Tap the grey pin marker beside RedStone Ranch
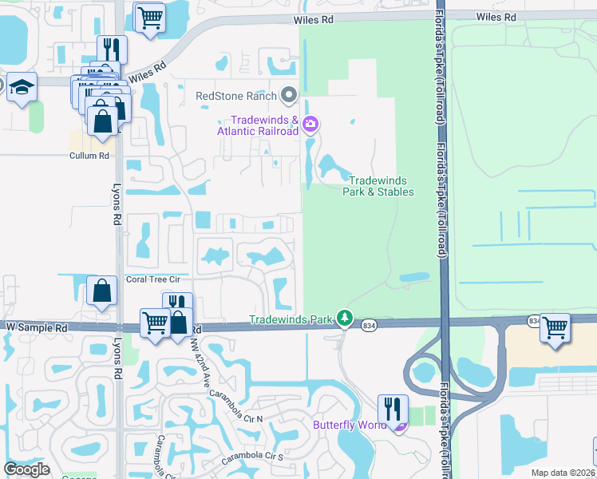pos(290,96)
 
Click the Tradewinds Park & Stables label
pos(378,186)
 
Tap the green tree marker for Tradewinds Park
pos(344,319)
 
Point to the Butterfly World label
pos(350,425)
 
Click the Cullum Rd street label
pos(89,156)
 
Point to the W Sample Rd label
pos(35,327)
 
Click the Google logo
pos(26,469)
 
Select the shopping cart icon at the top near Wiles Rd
pos(149,17)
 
